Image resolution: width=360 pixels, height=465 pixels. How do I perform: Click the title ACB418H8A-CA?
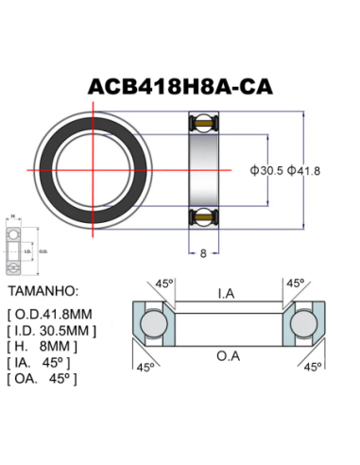pyautogui.click(x=180, y=86)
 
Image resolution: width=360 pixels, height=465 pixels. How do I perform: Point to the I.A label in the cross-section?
pyautogui.click(x=226, y=295)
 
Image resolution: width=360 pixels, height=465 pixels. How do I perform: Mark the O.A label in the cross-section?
pyautogui.click(x=226, y=356)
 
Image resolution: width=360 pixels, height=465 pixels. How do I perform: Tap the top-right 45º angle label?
pyautogui.click(x=295, y=283)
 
